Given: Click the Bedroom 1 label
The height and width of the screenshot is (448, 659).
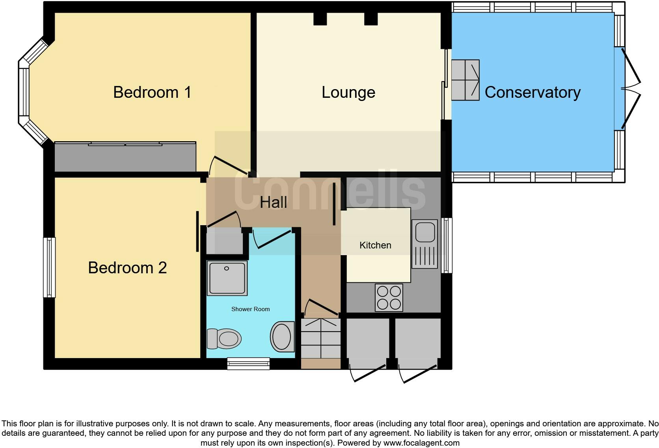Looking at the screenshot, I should [x=152, y=92].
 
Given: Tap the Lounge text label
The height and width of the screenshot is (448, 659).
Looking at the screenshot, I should [x=348, y=92].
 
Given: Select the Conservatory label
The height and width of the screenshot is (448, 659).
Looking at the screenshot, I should [x=532, y=92].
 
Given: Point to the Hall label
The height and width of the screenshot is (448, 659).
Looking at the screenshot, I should [x=273, y=203].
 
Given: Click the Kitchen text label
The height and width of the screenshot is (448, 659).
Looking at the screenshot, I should [x=375, y=245].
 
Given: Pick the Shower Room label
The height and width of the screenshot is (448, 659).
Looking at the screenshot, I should [x=250, y=309].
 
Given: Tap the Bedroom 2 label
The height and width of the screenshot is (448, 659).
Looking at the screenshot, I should [x=127, y=268].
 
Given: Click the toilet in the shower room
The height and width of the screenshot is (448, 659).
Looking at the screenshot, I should [x=224, y=338].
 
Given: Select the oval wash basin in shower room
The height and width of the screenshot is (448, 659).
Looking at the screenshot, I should [x=282, y=336].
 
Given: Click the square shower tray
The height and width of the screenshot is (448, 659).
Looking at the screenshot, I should [x=227, y=278].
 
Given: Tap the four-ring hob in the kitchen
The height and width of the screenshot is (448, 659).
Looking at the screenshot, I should [x=389, y=297].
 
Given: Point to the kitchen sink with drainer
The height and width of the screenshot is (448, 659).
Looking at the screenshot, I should [x=424, y=244].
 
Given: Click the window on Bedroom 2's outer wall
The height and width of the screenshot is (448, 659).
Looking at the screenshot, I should [x=49, y=267].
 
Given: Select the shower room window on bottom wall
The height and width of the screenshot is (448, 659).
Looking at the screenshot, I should [x=248, y=363].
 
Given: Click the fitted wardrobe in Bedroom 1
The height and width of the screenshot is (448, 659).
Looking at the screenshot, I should [x=125, y=157].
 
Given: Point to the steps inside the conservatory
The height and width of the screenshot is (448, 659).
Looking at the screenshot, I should [x=465, y=80].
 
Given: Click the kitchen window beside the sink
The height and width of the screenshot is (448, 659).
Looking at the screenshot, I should [x=447, y=245].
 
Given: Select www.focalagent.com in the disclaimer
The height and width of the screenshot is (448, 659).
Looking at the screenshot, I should [x=421, y=443].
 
